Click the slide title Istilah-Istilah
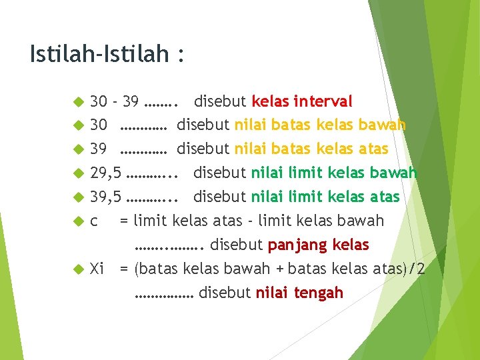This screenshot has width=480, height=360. point(107,54)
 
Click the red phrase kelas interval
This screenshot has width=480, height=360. point(301,101)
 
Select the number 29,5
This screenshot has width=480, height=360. point(106,173)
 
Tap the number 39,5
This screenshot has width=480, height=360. point(106,197)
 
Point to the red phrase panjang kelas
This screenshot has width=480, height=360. point(318,245)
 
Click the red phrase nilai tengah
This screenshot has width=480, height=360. point(299,292)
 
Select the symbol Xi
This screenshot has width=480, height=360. point(97,269)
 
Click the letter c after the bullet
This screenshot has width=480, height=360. point(94,221)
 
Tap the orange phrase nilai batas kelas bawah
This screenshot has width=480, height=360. point(320,125)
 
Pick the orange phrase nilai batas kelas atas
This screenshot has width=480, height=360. point(311,149)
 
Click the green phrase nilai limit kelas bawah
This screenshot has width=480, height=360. point(334,173)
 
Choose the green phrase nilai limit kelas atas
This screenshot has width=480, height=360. point(325,197)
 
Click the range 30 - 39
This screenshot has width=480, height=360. point(115,101)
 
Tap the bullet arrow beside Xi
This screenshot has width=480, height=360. point(77,269)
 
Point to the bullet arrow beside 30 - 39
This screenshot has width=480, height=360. point(77,102)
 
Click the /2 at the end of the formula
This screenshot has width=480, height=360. point(417,269)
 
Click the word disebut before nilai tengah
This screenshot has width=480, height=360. point(225,292)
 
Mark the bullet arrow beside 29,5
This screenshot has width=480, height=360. point(77,174)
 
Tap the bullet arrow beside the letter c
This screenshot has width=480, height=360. point(77,221)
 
